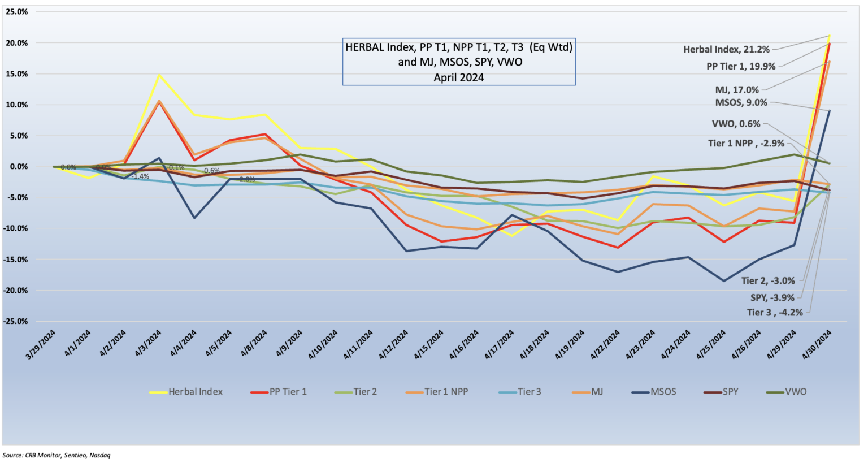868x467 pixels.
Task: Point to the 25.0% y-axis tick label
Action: point(16,12)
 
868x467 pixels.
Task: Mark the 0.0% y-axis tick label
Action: point(18,167)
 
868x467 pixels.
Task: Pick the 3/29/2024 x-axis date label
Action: point(43,344)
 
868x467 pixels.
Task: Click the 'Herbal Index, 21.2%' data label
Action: point(726,49)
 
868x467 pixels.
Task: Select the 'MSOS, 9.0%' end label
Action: point(741,102)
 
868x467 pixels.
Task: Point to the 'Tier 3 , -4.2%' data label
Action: point(775,312)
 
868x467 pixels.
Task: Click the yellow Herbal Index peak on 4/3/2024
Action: point(159,75)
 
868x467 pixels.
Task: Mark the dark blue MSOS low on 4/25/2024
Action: point(723,281)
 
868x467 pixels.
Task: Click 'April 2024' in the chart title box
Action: point(458,77)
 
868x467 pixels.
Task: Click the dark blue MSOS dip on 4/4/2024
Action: point(194,218)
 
